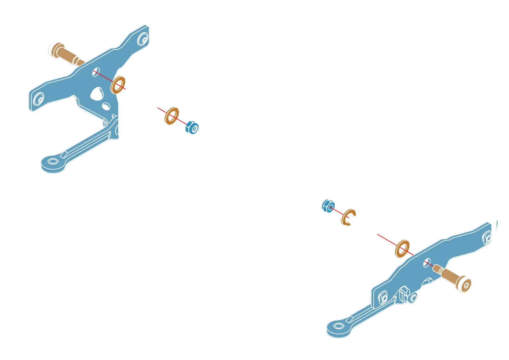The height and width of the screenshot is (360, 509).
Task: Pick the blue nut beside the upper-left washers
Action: tap(192, 128)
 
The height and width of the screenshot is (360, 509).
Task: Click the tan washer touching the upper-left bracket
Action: tap(118, 85)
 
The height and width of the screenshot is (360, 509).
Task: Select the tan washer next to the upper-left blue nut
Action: tap(171, 115)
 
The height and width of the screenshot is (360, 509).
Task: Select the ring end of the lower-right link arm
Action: tap(338, 328)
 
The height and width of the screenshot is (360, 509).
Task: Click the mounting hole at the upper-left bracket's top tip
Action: tap(142, 39)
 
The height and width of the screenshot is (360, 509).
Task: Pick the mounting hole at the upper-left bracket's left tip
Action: tap(39, 99)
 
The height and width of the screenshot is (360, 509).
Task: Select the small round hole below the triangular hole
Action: tap(105, 105)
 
